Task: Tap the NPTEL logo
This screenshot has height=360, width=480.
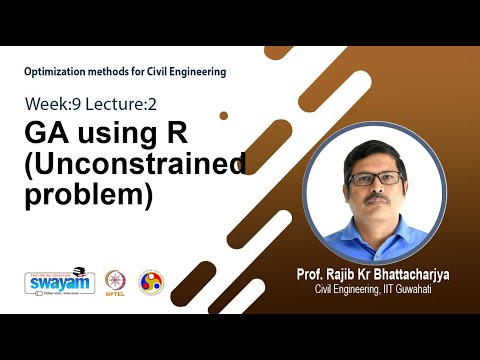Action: point(112,283)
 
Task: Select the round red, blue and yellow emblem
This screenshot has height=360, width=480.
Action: point(150,282)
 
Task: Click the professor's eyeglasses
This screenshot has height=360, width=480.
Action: point(376,178)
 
